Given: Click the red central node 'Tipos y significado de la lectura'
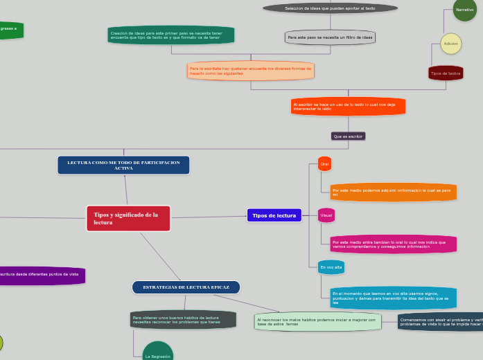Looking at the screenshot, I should [x=128, y=218].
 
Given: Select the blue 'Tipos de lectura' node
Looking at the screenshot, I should [x=274, y=215].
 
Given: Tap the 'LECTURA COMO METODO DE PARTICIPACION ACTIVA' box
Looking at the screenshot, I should [x=123, y=165].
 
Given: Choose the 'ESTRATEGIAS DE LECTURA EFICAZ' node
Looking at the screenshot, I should [x=186, y=287].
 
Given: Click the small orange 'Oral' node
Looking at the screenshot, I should [x=324, y=164].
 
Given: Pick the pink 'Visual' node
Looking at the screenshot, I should [x=326, y=215].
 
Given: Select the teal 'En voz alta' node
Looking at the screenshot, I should [x=331, y=267].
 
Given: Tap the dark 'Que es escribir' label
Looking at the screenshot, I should [x=348, y=136].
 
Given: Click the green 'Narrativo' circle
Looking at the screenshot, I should [x=464, y=10].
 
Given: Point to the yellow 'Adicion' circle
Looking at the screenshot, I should [x=450, y=44].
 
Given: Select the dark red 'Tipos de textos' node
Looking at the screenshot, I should [x=446, y=73].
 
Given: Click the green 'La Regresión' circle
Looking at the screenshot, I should [x=157, y=353].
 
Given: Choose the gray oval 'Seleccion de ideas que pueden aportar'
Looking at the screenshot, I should [x=331, y=8].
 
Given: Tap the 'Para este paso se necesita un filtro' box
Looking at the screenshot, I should [x=330, y=37].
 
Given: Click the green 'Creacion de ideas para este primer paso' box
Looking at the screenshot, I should [x=170, y=35].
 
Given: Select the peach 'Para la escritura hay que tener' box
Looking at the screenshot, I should [x=250, y=71].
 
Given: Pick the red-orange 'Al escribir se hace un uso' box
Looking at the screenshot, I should [x=348, y=106].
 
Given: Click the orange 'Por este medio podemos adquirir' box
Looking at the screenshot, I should [x=393, y=192].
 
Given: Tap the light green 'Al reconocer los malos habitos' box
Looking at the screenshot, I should [x=317, y=321].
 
